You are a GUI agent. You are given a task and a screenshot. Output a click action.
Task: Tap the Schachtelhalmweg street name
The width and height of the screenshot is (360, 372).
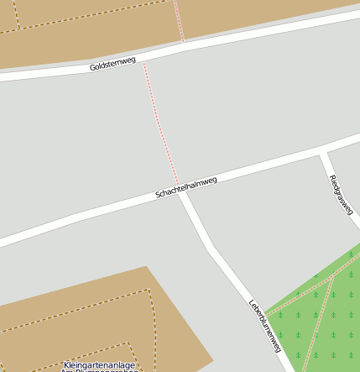click(186, 186)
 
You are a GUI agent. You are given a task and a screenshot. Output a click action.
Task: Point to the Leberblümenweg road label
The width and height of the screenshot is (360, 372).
click(263, 324)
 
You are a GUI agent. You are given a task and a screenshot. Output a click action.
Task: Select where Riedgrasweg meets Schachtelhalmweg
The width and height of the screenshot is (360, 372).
click(322, 154)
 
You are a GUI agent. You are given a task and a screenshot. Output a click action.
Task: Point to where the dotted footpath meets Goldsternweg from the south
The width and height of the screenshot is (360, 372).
click(143, 60)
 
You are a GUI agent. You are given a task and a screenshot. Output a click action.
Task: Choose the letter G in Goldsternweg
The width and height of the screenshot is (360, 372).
click(93, 67)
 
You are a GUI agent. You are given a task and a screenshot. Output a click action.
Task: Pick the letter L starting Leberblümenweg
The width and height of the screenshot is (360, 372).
click(251, 303)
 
